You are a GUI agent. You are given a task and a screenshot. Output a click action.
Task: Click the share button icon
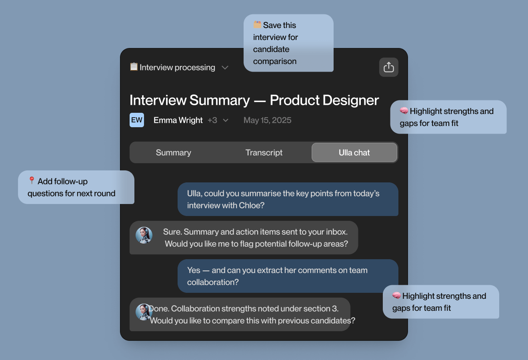(388, 67)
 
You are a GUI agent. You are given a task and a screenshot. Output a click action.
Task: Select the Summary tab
(174, 152)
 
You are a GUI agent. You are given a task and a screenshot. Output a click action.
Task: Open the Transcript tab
(264, 152)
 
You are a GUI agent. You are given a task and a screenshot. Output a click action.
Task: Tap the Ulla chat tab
(354, 152)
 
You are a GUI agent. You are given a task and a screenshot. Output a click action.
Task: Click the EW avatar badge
(137, 120)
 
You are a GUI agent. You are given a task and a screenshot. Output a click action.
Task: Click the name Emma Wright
(178, 120)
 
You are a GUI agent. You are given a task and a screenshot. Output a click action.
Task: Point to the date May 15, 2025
(267, 120)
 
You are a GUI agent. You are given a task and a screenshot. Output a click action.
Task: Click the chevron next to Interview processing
(225, 68)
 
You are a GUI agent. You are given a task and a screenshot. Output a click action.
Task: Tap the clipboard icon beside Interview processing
(134, 67)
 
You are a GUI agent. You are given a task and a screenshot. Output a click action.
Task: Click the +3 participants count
(212, 120)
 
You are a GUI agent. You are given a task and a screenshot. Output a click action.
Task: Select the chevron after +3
(226, 120)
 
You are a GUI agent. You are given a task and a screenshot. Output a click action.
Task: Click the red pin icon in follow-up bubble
(32, 180)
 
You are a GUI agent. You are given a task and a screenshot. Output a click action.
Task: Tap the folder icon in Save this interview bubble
(257, 24)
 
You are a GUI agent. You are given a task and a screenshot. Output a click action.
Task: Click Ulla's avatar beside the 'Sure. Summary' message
(144, 235)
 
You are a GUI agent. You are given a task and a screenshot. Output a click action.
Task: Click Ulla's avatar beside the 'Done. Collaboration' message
(143, 312)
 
